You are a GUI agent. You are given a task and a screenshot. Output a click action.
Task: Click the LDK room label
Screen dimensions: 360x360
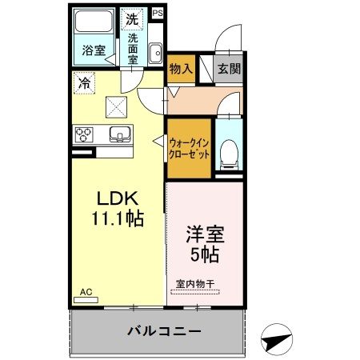pos(119,198)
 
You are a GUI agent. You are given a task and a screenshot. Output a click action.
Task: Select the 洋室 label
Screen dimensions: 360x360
pos(205,237)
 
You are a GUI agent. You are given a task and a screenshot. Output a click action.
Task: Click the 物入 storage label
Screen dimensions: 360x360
pos(181,69)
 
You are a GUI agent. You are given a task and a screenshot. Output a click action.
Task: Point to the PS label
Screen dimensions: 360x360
pos(157,14)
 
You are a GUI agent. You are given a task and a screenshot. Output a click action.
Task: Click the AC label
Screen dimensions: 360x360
pos(86,293)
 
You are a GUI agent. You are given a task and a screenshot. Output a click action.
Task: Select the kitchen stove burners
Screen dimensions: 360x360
pos(84,134)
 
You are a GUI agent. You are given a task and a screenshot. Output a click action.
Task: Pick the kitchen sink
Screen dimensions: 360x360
pos(118,134)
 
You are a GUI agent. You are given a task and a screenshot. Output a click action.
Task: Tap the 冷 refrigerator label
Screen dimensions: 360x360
pos(83,81)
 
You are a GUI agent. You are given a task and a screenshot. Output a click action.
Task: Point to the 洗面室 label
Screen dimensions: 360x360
pos(134,48)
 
